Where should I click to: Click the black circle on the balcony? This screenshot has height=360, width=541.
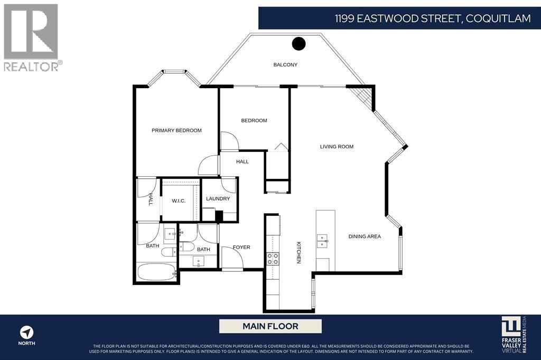click(x=299, y=43)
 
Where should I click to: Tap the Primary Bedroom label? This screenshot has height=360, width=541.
click(x=176, y=130)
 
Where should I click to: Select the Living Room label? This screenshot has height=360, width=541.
click(x=337, y=147)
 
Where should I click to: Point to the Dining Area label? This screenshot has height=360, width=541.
click(x=365, y=236)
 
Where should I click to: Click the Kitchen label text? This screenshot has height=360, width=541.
click(x=299, y=252)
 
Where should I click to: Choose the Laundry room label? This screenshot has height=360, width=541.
click(x=218, y=199)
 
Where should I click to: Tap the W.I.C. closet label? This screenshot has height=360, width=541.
click(x=178, y=201)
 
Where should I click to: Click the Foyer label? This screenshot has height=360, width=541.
click(x=241, y=247)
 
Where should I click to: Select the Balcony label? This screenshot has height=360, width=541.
click(x=285, y=65)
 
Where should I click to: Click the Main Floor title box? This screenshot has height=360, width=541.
click(x=270, y=326)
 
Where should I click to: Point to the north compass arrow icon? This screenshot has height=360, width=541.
click(x=27, y=333)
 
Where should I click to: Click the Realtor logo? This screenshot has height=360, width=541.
click(x=31, y=37)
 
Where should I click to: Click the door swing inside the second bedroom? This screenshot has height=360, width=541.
click(x=229, y=141)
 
